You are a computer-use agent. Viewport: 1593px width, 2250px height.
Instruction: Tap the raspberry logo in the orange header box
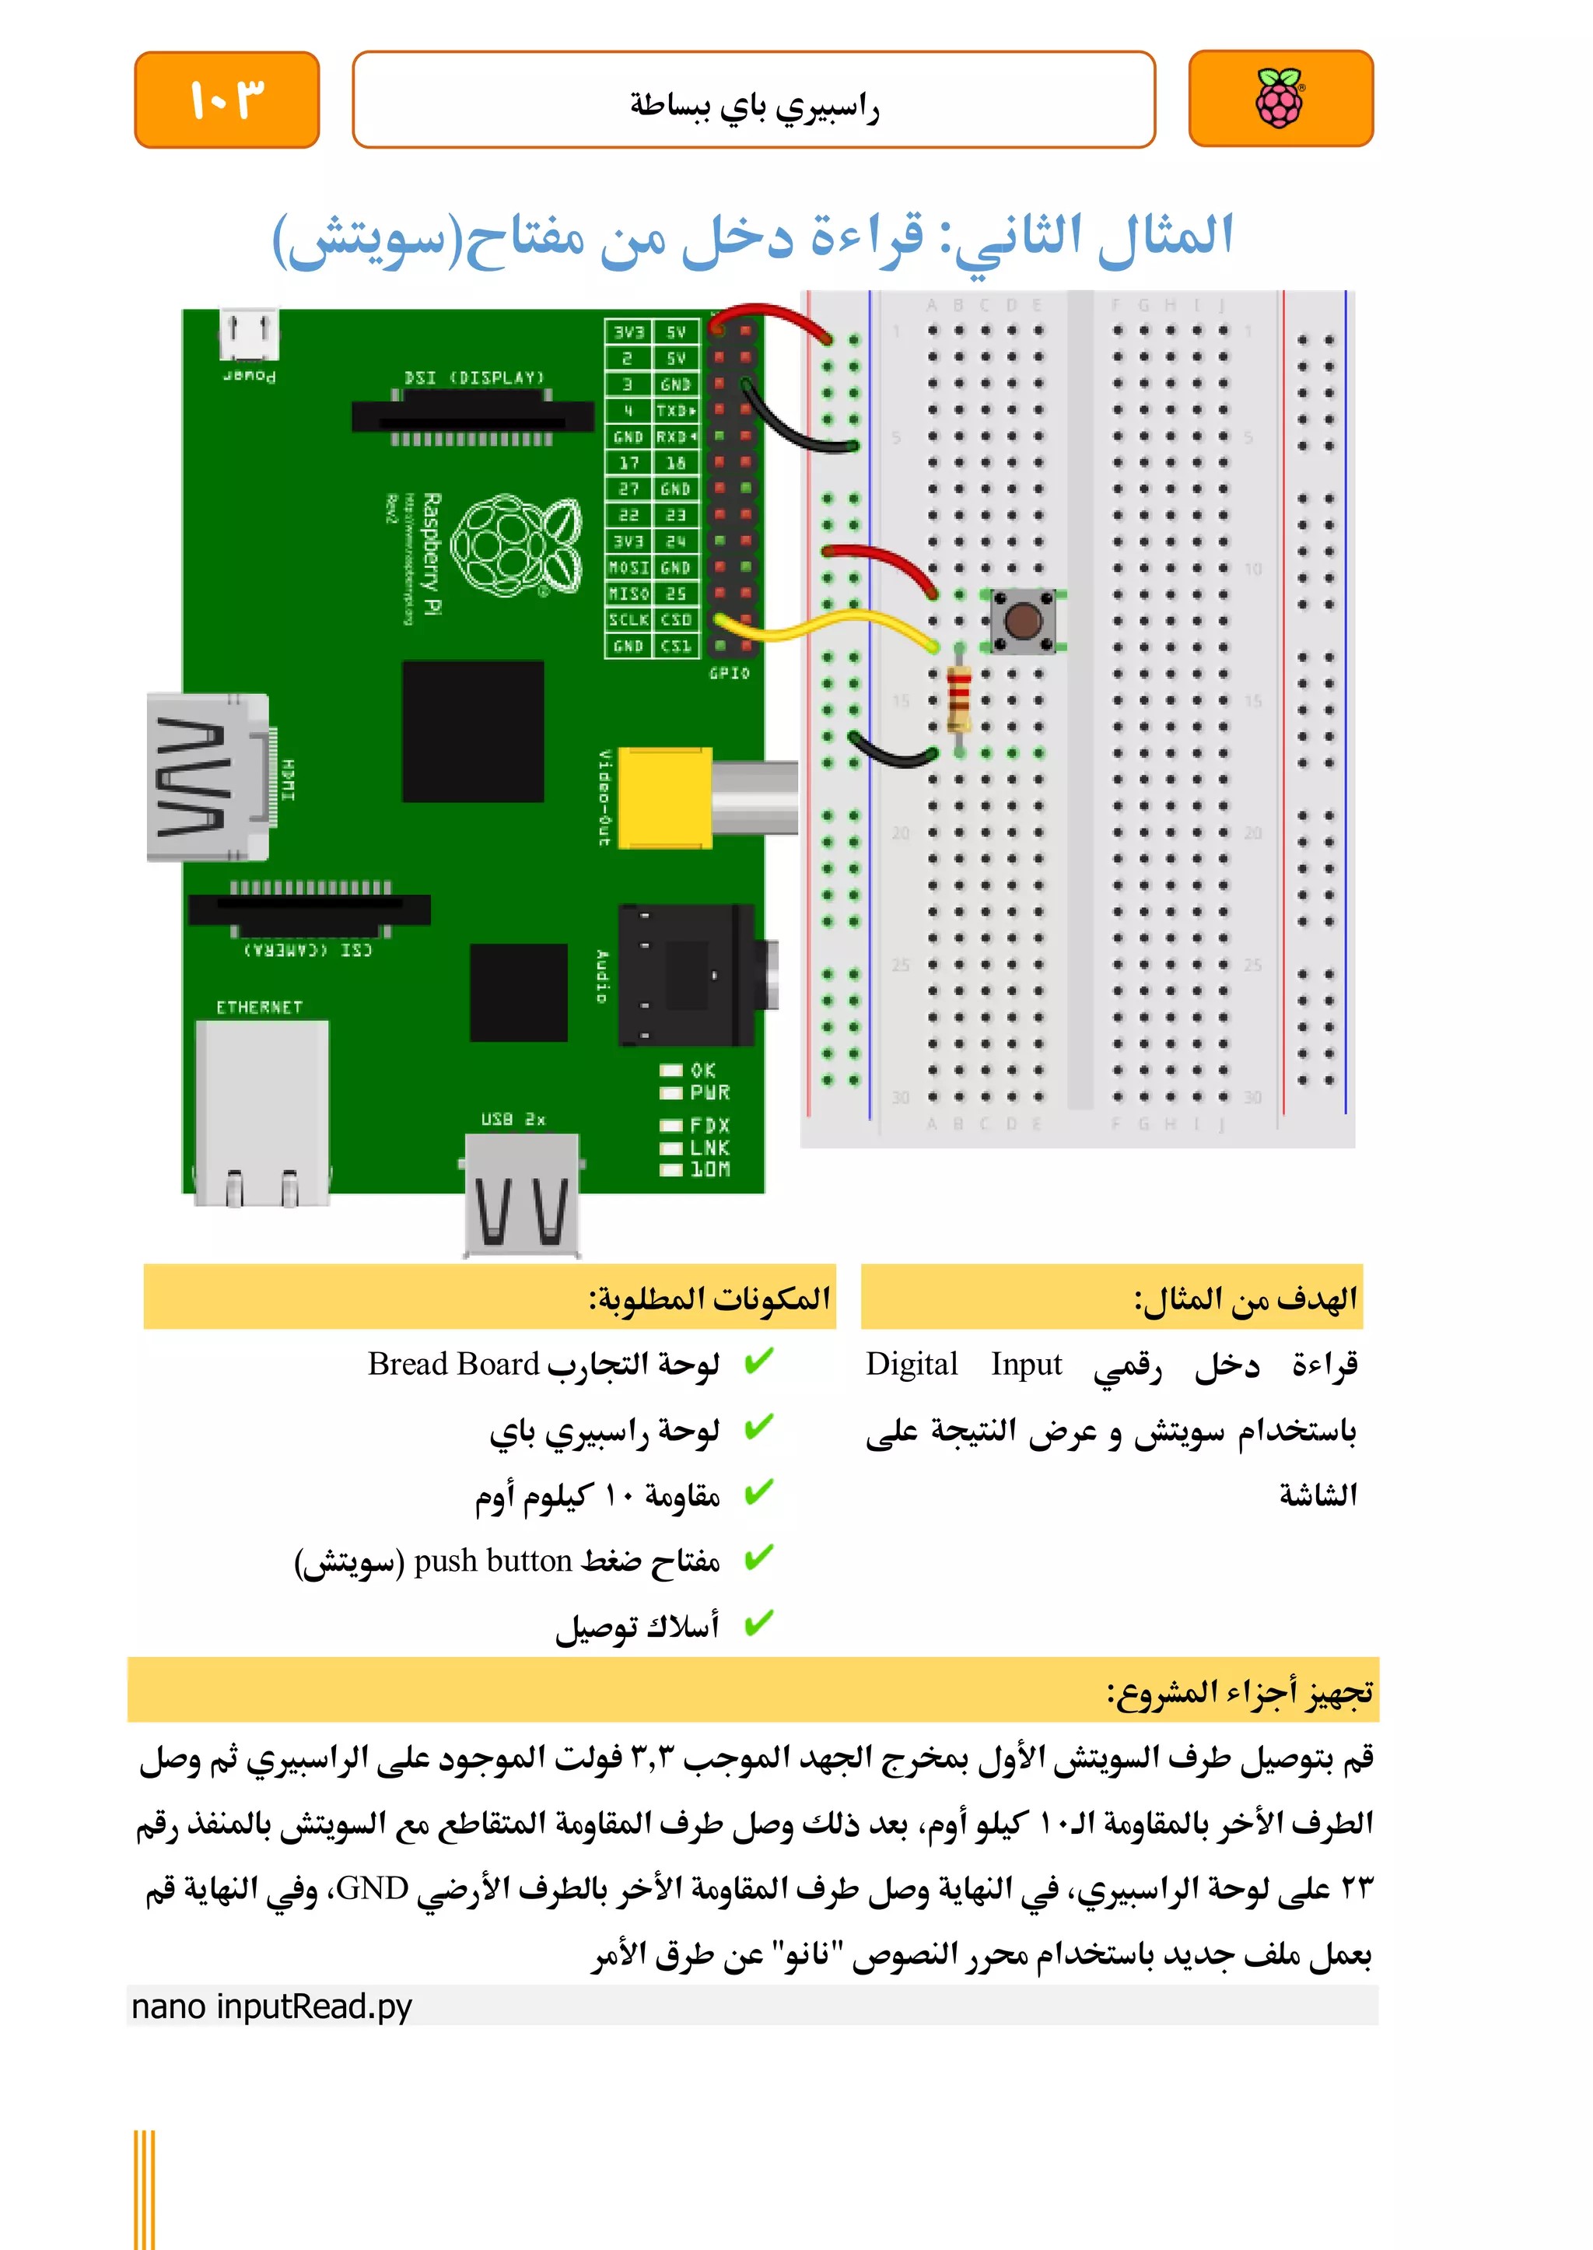click(1280, 98)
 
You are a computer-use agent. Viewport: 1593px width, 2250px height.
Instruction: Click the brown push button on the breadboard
click(1023, 620)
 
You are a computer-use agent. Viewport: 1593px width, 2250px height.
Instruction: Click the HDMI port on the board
click(208, 777)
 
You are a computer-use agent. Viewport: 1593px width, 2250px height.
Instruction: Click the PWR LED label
click(709, 1093)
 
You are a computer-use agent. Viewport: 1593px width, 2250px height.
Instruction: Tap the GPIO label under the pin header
click(729, 673)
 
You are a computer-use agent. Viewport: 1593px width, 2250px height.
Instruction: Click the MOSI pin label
click(628, 568)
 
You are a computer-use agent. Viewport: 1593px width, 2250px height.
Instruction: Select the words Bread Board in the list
click(453, 1364)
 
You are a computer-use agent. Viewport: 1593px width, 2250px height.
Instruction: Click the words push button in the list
click(492, 1560)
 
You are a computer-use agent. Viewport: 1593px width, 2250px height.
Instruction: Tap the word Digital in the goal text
click(912, 1364)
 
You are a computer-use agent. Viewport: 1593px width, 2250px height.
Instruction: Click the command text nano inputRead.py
click(271, 2006)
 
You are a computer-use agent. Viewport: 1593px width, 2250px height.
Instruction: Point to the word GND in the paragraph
click(372, 1889)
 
